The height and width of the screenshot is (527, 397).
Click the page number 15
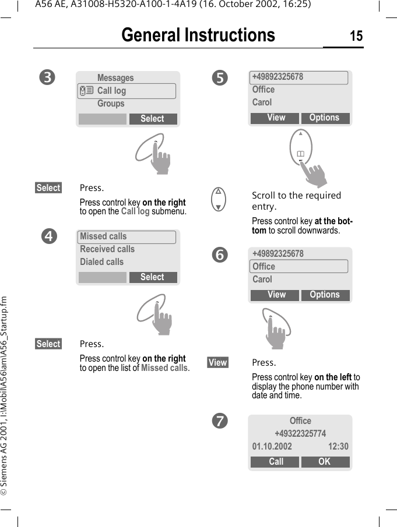pos(356,36)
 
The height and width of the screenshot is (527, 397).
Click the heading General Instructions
pos(198,36)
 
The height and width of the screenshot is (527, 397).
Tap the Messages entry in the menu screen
pos(115,78)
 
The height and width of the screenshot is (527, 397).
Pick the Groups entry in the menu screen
pos(111,104)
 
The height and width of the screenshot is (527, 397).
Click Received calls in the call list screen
pos(107,249)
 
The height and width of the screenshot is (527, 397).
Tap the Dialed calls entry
pos(102,262)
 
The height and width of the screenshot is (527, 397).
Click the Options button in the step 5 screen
pos(325,118)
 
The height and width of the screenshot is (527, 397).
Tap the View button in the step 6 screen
pos(276,295)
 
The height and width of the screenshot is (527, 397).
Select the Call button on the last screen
pos(276,462)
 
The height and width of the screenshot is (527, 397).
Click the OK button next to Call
pos(325,462)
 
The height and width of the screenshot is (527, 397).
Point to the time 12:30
pos(338,447)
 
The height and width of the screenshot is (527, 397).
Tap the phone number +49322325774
pos(300,434)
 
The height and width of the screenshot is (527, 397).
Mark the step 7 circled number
pos(220,420)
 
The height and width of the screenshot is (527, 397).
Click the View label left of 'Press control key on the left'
pos(217,363)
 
